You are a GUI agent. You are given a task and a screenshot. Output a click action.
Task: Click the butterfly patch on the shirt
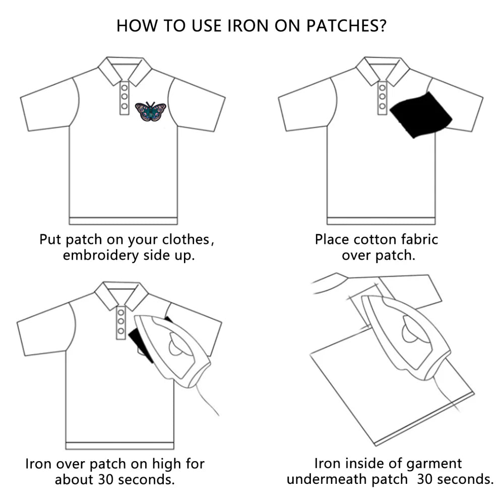(x=150, y=112)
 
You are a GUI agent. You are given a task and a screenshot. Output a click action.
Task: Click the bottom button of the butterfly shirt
(x=124, y=106)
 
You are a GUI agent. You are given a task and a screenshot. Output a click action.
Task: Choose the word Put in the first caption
(x=51, y=239)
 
